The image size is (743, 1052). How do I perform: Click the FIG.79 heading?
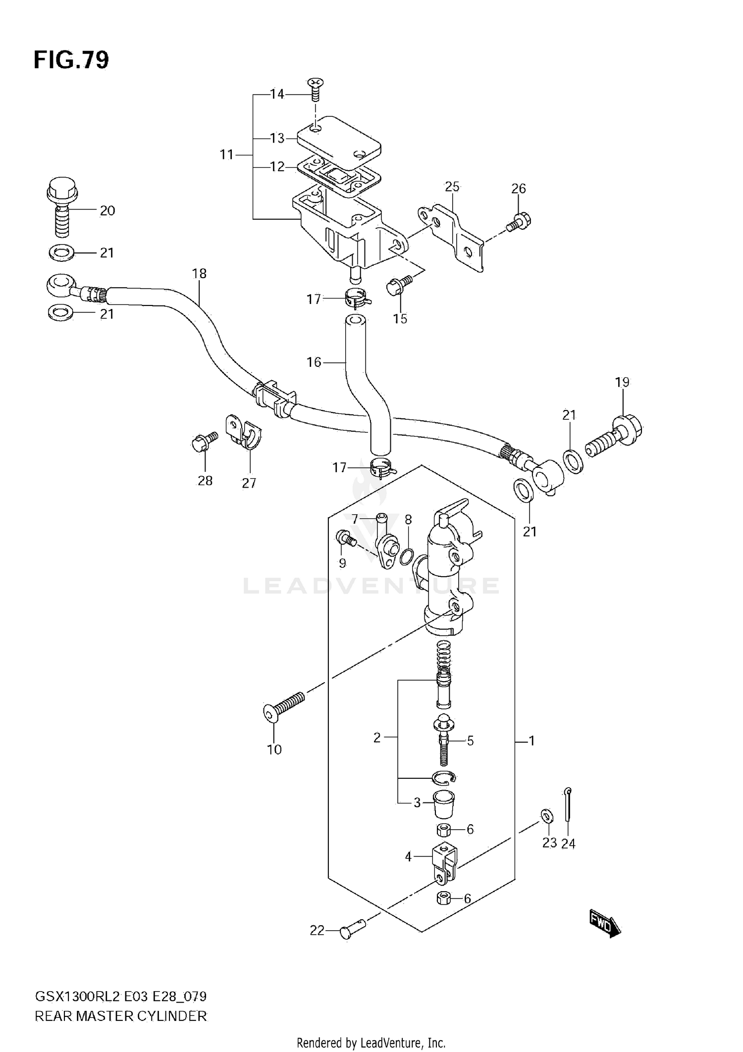(x=71, y=60)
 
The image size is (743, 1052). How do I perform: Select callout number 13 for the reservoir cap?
(x=277, y=138)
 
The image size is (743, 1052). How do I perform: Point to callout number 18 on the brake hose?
(x=199, y=273)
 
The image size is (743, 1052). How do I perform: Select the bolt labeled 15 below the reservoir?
(x=397, y=286)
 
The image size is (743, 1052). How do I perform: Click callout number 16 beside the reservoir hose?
(x=314, y=362)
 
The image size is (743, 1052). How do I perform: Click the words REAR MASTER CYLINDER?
(x=121, y=1016)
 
